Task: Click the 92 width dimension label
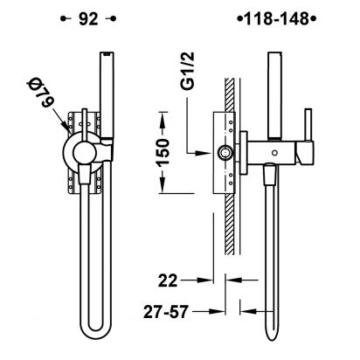coord(88,19)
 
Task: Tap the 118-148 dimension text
coord(276,19)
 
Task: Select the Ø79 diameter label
coord(41,92)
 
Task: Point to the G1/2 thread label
coord(188,70)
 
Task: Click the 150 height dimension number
coord(163,153)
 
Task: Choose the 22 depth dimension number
coord(168,280)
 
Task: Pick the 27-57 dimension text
coord(166,311)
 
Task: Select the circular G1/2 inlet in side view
coord(225,153)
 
